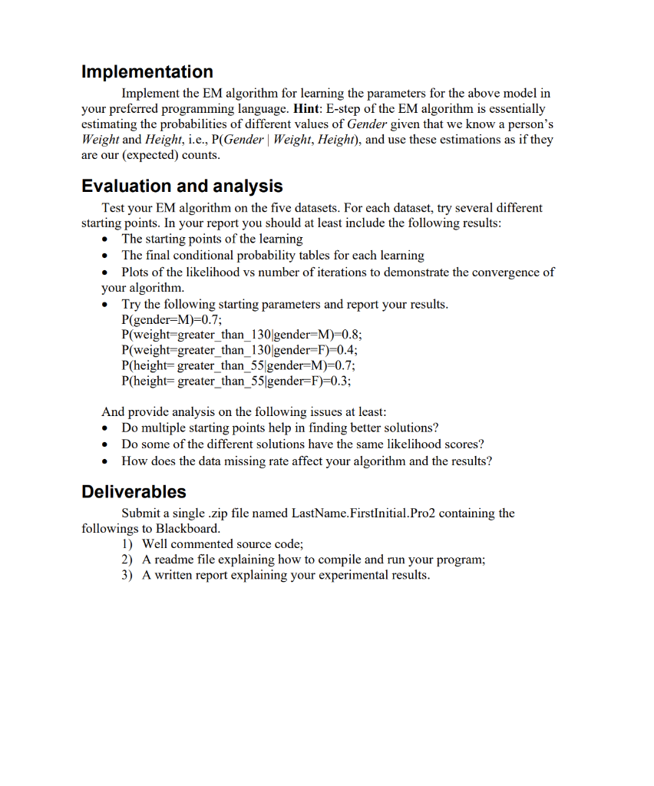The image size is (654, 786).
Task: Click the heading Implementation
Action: click(147, 72)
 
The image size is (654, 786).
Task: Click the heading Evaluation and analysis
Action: click(182, 187)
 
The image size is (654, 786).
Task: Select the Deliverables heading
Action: click(134, 492)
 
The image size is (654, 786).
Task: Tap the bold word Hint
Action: click(309, 109)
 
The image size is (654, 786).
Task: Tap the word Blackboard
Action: click(187, 529)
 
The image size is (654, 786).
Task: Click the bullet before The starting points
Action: click(106, 239)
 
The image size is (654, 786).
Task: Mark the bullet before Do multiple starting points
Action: click(106, 428)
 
